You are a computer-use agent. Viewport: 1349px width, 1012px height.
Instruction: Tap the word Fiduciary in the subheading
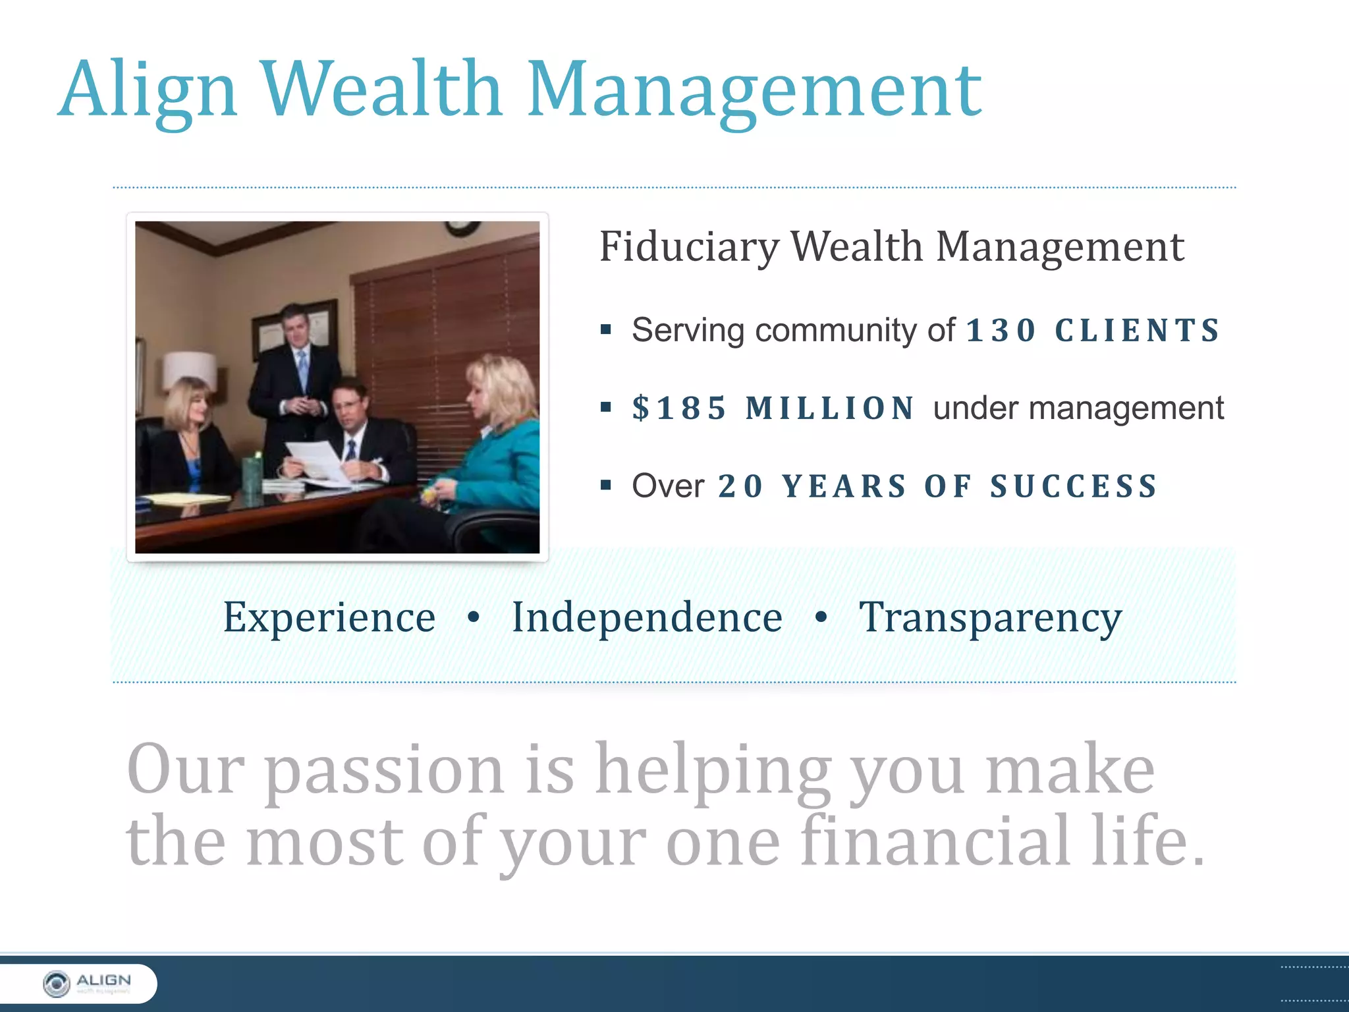click(689, 247)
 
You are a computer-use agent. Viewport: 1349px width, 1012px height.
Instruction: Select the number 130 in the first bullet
click(1001, 330)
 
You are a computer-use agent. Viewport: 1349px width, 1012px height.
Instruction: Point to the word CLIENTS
click(1138, 330)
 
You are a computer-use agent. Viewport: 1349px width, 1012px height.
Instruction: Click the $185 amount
click(679, 408)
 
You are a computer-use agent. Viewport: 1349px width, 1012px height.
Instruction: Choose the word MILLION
click(830, 408)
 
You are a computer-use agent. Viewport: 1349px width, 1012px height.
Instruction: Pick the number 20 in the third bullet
click(740, 486)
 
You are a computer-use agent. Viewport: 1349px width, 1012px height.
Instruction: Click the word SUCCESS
click(1074, 486)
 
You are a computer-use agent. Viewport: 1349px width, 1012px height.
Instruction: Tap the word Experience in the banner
click(329, 617)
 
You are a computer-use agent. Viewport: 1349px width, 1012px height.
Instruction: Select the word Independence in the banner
click(647, 617)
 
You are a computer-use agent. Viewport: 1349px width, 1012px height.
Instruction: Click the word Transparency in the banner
click(990, 619)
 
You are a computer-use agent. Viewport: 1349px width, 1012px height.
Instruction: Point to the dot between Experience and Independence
click(473, 617)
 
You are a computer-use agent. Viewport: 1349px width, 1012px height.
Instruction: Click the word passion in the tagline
click(384, 771)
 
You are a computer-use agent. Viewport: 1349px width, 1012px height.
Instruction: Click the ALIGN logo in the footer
click(86, 984)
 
